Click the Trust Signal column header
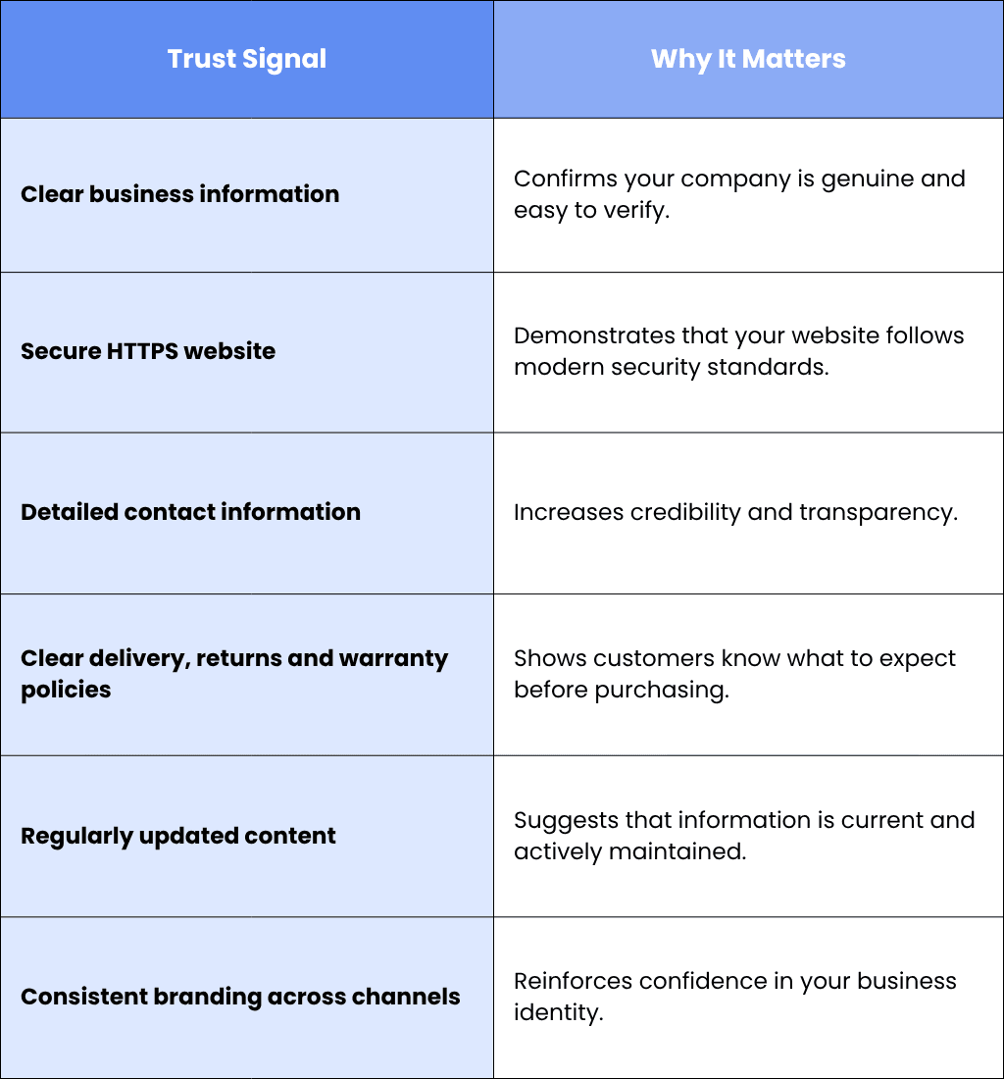247,59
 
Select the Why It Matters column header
748,59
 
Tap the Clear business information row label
180,194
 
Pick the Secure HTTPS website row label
148,351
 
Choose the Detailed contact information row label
190,512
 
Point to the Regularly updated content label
178,836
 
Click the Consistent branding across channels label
240,998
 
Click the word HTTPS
141,351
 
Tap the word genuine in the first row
867,180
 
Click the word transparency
878,513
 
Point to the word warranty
393,659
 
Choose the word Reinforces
573,981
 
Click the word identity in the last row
559,1013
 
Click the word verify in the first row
634,211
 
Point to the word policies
66,691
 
